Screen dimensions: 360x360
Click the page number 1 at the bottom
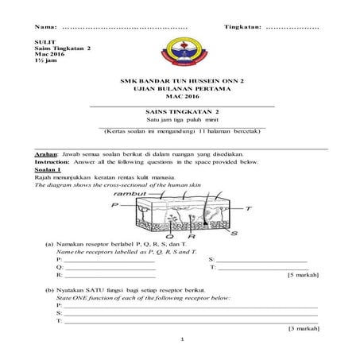182,340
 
